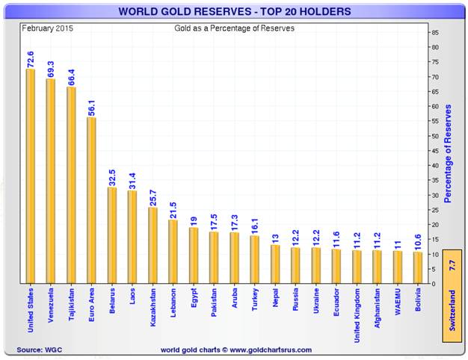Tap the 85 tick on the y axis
pos(435,33)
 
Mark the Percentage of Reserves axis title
pos(449,154)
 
